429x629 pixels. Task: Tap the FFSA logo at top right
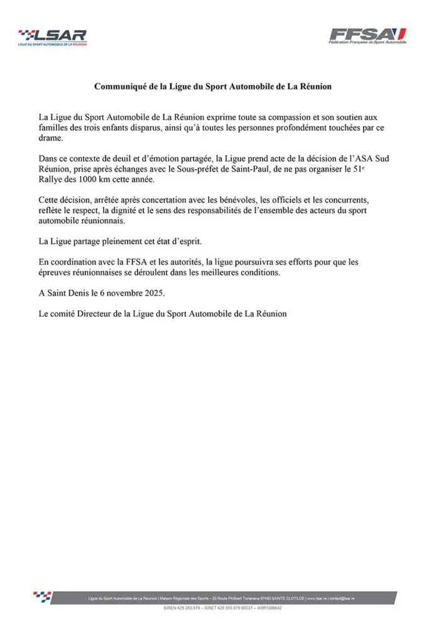coord(367,35)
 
